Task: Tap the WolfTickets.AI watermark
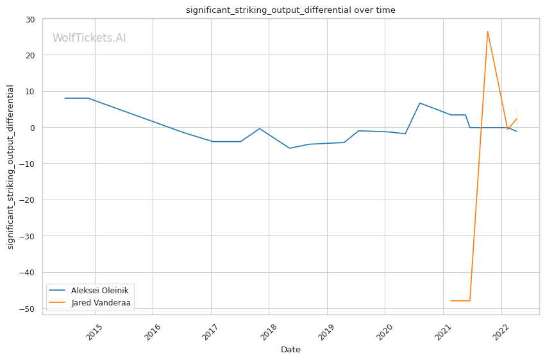[89, 38]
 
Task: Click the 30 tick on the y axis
[30, 19]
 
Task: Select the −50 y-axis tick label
[27, 309]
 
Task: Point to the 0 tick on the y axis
[32, 128]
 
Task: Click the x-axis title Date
[290, 350]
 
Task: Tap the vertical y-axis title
[10, 167]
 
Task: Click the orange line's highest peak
[487, 31]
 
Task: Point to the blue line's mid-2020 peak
[419, 103]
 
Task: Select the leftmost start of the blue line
[65, 98]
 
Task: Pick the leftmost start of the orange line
[451, 300]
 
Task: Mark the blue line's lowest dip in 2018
[289, 148]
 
